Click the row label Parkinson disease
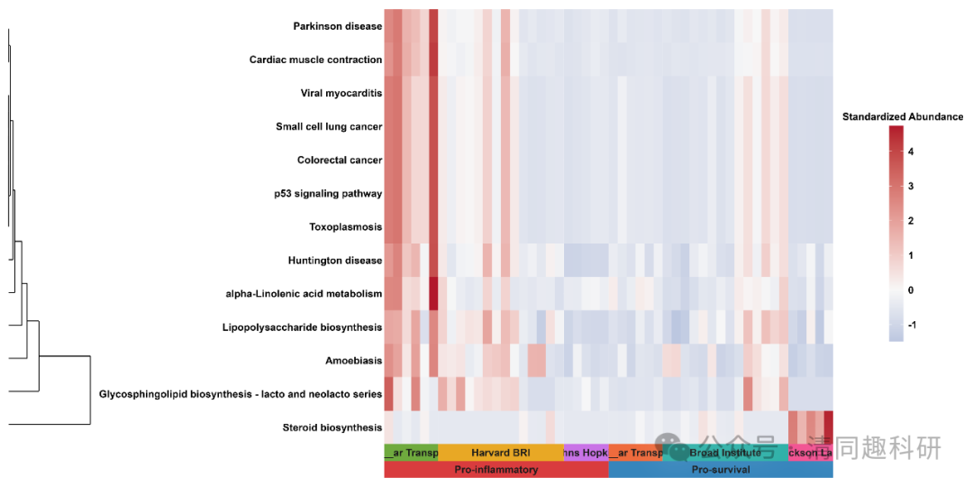coord(337,26)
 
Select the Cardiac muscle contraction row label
coord(315,60)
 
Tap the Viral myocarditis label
coord(341,93)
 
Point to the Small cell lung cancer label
coord(329,126)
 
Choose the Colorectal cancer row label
coord(339,160)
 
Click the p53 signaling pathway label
coord(328,193)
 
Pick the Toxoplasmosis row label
coord(345,226)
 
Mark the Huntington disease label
coord(334,261)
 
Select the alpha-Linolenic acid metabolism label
coord(304,294)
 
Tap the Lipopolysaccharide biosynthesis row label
coord(301,327)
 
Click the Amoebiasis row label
coord(353,361)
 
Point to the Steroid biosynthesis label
coord(332,427)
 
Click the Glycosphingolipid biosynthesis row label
coord(240,394)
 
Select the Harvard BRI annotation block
coord(501,453)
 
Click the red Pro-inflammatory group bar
coord(496,470)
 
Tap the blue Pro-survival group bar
coord(721,470)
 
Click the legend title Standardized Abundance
coord(902,117)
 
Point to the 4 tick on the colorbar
coord(911,152)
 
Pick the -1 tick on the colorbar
coord(913,325)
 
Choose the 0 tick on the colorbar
coord(911,290)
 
